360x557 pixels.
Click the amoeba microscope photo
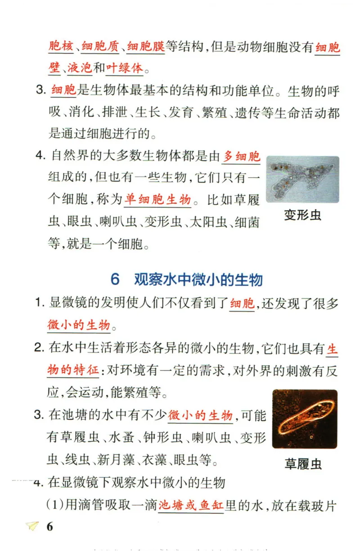click(x=302, y=179)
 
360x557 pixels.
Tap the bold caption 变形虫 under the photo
click(x=302, y=215)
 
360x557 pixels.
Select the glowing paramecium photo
click(x=304, y=419)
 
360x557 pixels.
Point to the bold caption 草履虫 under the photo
click(x=303, y=464)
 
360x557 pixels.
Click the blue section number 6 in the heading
click(x=115, y=279)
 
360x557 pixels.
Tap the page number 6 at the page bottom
click(x=49, y=527)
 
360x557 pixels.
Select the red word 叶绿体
click(x=125, y=68)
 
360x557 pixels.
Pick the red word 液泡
click(x=80, y=68)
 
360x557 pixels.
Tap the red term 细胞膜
click(x=146, y=47)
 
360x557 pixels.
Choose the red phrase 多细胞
click(x=242, y=157)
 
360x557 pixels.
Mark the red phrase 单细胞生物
click(x=158, y=199)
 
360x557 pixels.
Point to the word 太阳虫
click(x=207, y=222)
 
